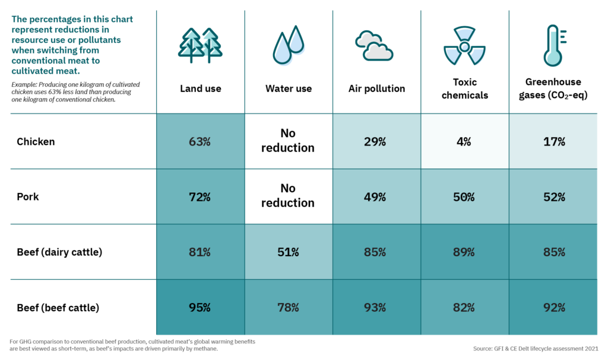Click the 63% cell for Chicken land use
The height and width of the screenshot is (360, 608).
coord(201,141)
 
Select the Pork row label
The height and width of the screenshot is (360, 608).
coord(28,197)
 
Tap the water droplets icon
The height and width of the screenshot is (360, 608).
coord(288,46)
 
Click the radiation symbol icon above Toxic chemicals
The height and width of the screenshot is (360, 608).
coord(465,46)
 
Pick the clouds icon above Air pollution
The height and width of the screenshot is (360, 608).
coord(374,46)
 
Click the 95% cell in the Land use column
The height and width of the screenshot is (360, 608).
coord(201,308)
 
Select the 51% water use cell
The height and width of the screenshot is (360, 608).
coord(288,252)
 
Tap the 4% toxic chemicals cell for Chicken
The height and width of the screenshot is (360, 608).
coord(464,141)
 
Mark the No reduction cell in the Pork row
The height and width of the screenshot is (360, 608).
coord(288,195)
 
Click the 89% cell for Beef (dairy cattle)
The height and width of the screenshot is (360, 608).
coord(464,252)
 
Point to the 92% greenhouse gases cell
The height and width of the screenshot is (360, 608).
coord(553,308)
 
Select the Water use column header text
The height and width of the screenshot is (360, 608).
coord(288,89)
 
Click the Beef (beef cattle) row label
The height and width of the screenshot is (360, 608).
coord(58,308)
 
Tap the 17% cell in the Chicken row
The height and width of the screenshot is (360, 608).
coord(553,141)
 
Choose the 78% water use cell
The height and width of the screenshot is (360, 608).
coord(288,308)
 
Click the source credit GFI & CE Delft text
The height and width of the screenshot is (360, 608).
coord(536,348)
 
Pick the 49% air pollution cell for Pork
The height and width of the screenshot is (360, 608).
coord(376,197)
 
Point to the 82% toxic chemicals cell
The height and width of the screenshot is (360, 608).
coord(464,308)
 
